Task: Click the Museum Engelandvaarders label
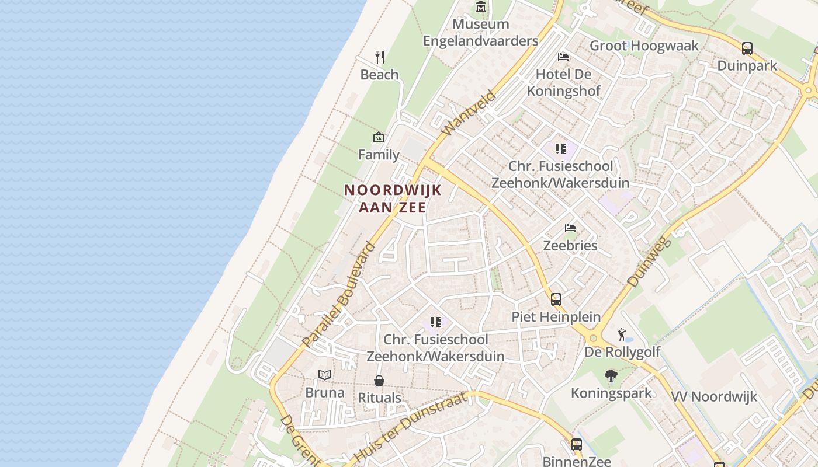tap(480, 33)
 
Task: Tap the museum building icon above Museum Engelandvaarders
tap(481, 7)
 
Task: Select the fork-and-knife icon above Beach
tap(380, 57)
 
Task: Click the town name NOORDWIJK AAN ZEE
tap(392, 198)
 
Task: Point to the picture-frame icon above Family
tap(379, 138)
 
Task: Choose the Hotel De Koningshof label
tap(564, 83)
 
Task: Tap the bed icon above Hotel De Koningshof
tap(563, 57)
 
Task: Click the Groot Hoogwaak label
tap(644, 46)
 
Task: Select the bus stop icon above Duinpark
tap(747, 48)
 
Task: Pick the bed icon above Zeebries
tap(570, 228)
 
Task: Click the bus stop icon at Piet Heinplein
tap(556, 299)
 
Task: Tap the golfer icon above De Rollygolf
tap(622, 335)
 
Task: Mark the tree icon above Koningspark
tap(611, 376)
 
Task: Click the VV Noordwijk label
tap(713, 397)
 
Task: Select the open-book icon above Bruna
tap(325, 375)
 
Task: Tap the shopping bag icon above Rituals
tap(379, 381)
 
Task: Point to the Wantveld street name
tap(469, 112)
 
